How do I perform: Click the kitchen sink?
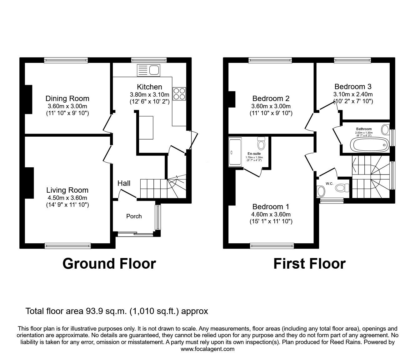click(148, 70)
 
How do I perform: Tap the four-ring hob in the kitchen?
click(179, 94)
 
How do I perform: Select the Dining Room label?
click(67, 99)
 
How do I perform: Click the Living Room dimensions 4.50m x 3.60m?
click(67, 198)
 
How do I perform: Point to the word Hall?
click(124, 183)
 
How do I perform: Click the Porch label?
click(134, 216)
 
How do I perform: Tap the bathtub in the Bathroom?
click(369, 145)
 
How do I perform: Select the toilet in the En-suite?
click(261, 144)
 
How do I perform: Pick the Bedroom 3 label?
click(353, 86)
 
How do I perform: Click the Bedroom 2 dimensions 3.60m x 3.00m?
click(271, 106)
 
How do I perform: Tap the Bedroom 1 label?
click(271, 207)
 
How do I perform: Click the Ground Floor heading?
click(109, 264)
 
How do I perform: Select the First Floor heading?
click(309, 264)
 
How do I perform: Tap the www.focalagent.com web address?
click(207, 349)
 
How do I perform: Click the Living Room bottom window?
click(67, 246)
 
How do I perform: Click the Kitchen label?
click(149, 87)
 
